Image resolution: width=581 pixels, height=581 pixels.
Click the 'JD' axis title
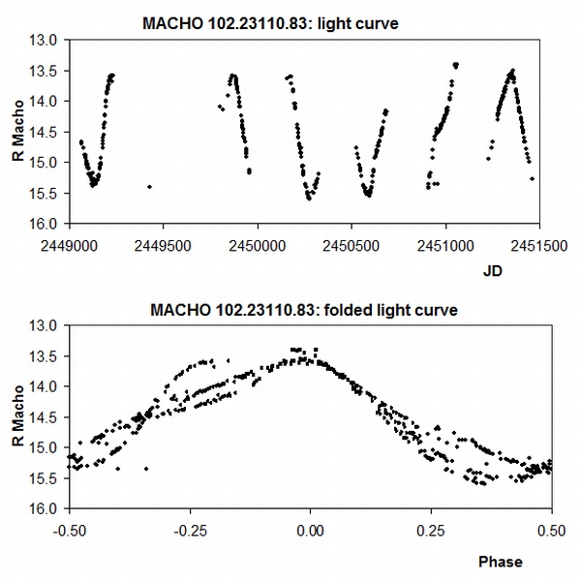(493, 273)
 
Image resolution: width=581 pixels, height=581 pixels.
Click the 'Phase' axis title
(500, 562)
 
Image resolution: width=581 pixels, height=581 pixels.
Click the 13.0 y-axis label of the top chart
(47, 40)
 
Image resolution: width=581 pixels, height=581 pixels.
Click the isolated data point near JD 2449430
(149, 186)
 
